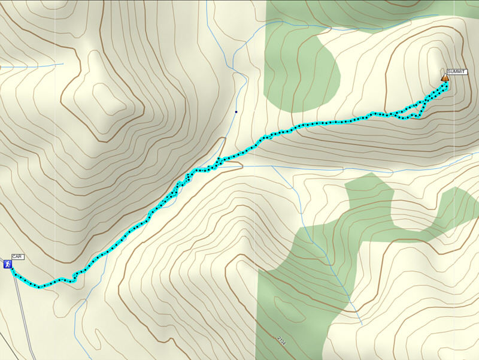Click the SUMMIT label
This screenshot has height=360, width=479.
[x=457, y=72]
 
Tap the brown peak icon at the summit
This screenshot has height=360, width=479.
[x=445, y=78]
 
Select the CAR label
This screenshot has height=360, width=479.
[x=17, y=257]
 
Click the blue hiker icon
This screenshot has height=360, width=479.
[x=8, y=264]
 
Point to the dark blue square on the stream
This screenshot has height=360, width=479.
[x=237, y=111]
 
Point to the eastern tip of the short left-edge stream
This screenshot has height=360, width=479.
[x=63, y=64]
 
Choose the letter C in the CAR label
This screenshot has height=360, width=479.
[x=14, y=257]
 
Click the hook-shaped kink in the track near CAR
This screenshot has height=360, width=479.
[x=75, y=276]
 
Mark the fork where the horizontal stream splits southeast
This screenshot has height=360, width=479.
[x=272, y=166]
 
